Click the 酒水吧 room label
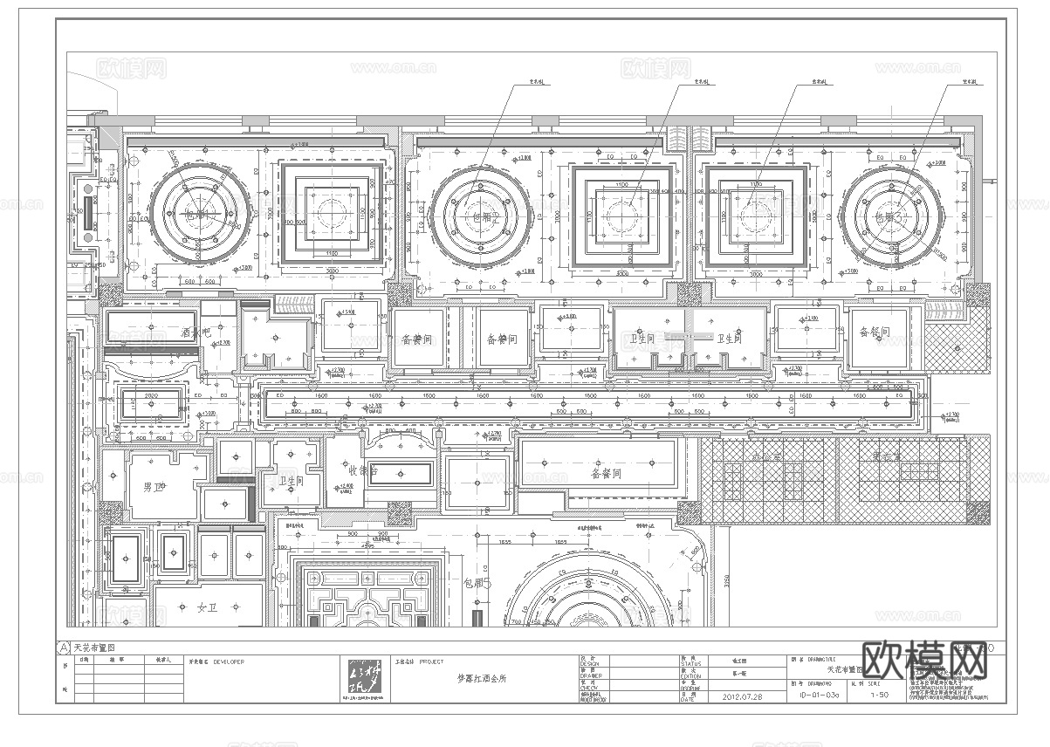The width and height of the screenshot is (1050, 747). (x=197, y=332)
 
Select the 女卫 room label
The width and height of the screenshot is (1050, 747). (x=207, y=607)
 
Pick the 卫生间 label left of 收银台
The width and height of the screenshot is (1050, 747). (x=291, y=480)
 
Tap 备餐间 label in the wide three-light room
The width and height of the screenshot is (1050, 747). (x=606, y=474)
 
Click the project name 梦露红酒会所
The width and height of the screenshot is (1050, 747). (x=482, y=678)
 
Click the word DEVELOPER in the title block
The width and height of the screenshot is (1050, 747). (x=229, y=661)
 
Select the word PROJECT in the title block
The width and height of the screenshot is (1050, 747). (x=432, y=661)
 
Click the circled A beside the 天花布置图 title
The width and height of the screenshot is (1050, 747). (x=63, y=648)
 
